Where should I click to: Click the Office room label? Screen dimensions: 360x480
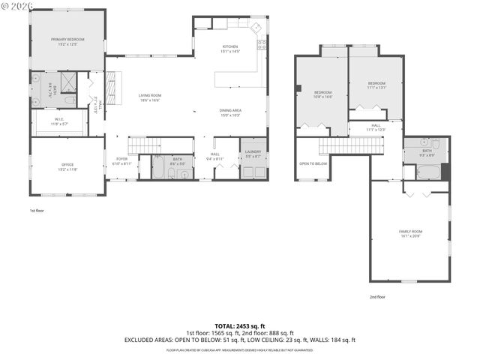67,166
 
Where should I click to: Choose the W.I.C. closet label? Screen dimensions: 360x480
59,120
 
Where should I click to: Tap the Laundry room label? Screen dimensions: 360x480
253,154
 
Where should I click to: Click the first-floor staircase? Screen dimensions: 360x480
145,145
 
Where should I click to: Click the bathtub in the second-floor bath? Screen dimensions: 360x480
428,172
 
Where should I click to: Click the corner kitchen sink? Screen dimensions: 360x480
256,27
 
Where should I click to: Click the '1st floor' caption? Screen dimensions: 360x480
38,211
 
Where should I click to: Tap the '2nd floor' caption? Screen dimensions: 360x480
376,297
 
